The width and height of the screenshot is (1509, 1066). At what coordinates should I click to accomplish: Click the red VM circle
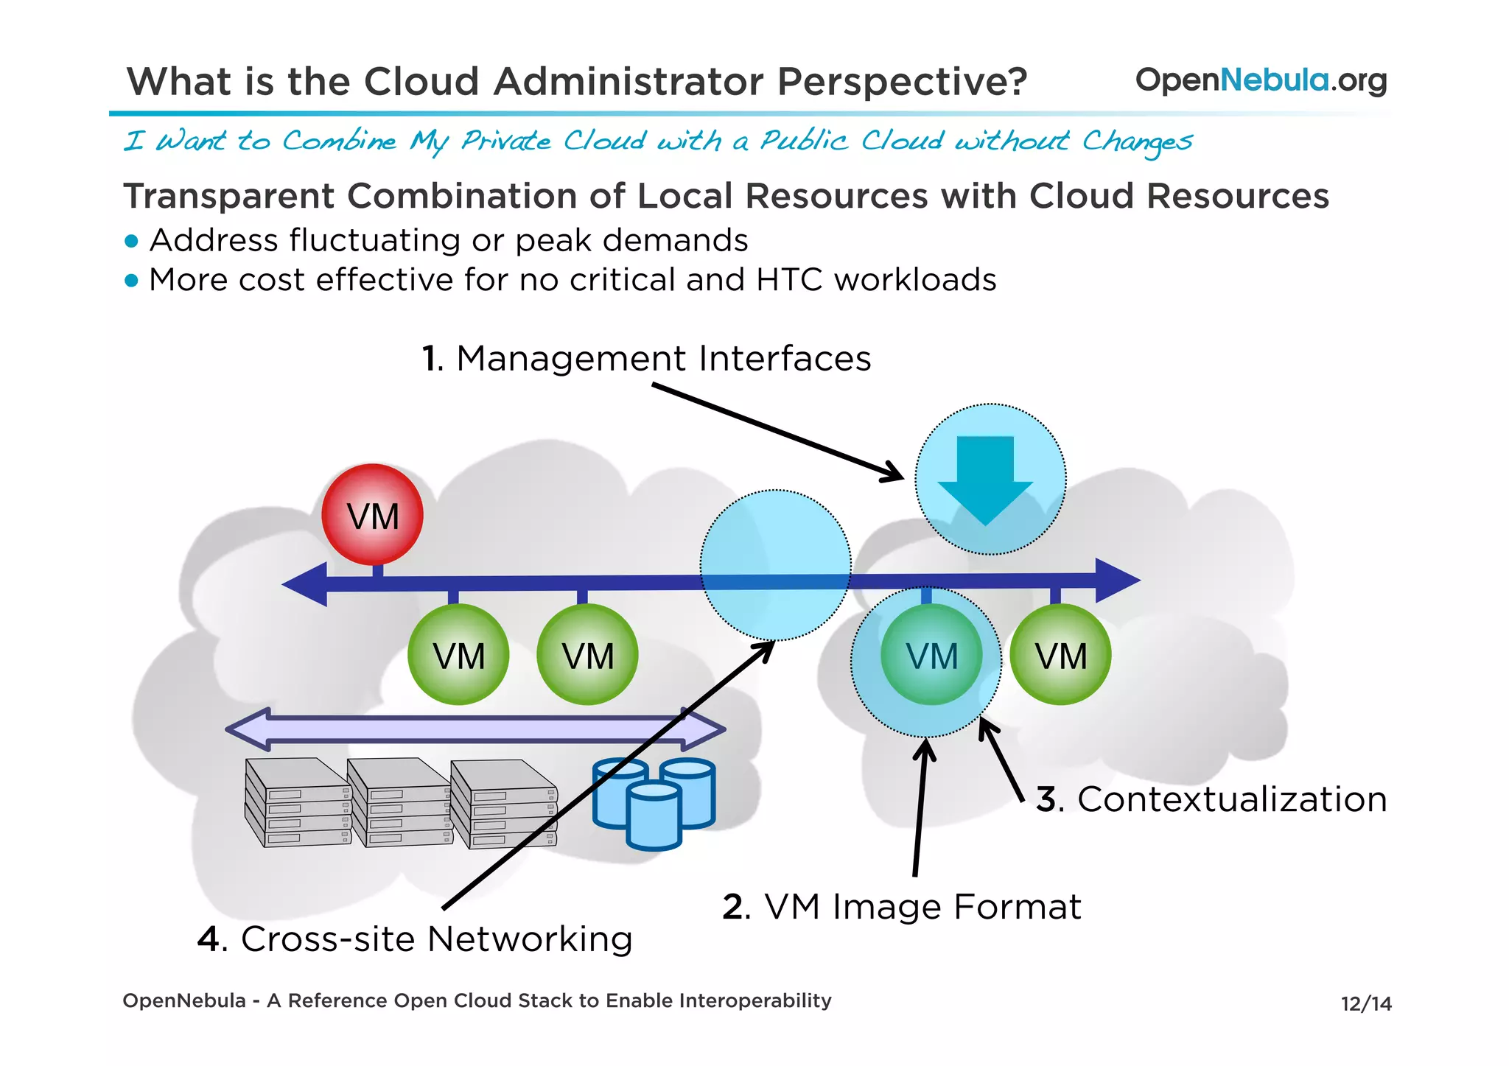(373, 515)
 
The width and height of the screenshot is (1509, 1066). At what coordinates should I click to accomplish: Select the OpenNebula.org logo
(1261, 80)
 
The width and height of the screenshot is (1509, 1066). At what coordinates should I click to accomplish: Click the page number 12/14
(1365, 1003)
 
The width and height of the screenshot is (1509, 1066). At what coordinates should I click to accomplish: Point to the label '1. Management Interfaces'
(646, 359)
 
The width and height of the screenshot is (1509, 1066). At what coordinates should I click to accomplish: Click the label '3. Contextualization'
(1211, 799)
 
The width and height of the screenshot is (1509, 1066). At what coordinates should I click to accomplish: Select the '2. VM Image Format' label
(901, 907)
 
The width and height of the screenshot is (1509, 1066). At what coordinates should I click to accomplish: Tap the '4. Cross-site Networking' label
(415, 939)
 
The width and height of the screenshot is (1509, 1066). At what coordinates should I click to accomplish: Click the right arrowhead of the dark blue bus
(1117, 581)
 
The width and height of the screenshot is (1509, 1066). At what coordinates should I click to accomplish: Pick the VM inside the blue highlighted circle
(931, 655)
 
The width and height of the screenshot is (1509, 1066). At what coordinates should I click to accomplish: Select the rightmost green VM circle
(1060, 655)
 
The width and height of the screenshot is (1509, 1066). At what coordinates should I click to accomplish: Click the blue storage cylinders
(654, 803)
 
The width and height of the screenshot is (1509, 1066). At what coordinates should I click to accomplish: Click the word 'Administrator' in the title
(629, 81)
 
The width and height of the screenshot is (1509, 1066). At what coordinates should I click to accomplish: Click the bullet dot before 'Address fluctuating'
(132, 241)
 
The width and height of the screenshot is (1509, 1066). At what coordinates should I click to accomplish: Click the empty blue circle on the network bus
(775, 564)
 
